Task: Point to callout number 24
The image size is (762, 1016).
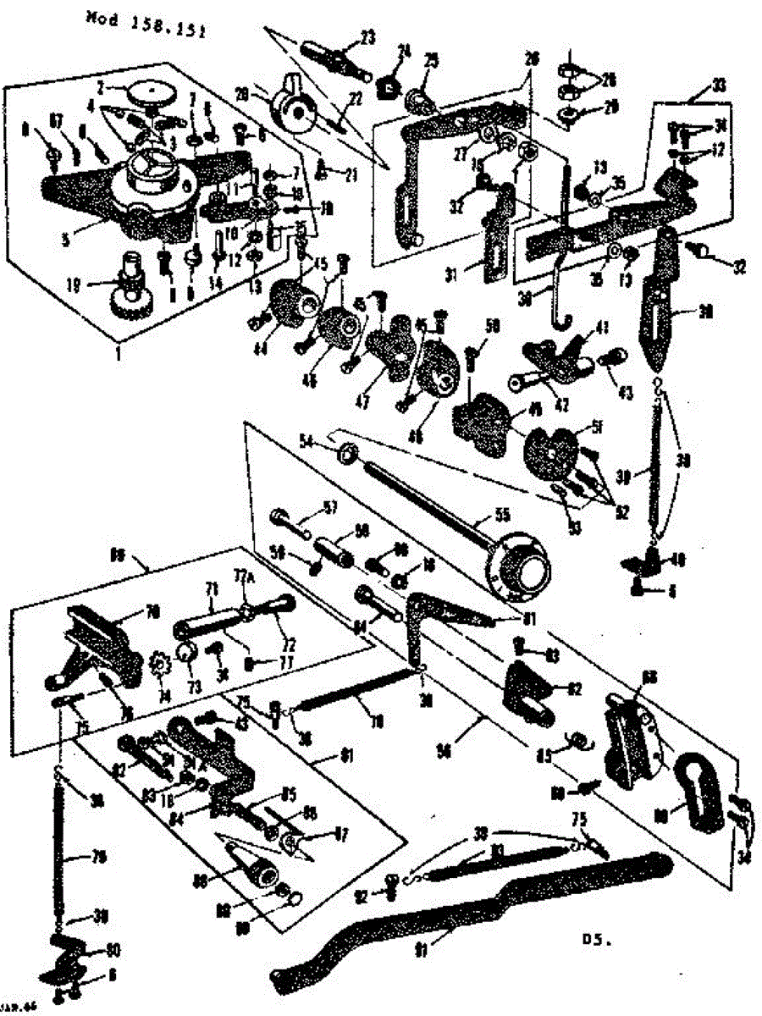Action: click(x=403, y=51)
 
